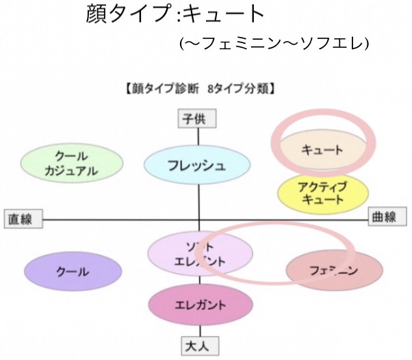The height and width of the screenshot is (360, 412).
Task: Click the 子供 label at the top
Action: [x=198, y=118]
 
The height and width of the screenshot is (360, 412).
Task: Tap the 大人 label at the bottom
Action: [x=198, y=346]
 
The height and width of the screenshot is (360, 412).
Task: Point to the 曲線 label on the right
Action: [x=384, y=217]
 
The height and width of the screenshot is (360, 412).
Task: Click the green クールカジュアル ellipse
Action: [x=73, y=164]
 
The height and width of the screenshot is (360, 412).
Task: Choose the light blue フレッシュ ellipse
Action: [x=196, y=166]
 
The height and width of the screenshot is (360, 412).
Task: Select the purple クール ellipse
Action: [x=73, y=272]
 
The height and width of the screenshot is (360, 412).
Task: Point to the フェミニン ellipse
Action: [x=333, y=271]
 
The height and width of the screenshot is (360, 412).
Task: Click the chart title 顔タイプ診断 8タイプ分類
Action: [x=201, y=88]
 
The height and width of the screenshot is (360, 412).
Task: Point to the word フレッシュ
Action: [x=196, y=166]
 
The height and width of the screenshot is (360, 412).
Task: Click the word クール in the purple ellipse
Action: [x=73, y=272]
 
